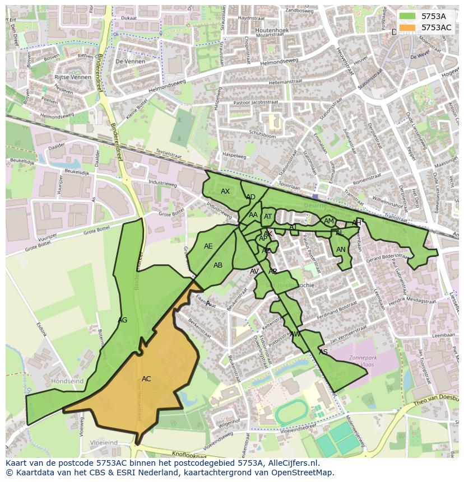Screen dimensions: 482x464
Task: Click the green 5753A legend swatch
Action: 407,16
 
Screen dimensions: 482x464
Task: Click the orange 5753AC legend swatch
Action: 407,27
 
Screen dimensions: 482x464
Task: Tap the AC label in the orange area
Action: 146,379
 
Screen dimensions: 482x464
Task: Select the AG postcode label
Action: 123,320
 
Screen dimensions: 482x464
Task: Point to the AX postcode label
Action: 225,191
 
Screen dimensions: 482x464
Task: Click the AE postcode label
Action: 208,246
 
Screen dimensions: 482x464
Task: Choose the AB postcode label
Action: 218,265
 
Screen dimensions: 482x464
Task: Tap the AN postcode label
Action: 341,250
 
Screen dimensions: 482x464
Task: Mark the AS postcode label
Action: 323,352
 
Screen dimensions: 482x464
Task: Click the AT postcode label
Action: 268,217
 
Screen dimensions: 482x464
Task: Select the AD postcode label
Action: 250,197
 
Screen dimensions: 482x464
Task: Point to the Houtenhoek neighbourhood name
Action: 272,30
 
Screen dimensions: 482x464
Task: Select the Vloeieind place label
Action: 103,442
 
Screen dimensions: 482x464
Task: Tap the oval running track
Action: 291,413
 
